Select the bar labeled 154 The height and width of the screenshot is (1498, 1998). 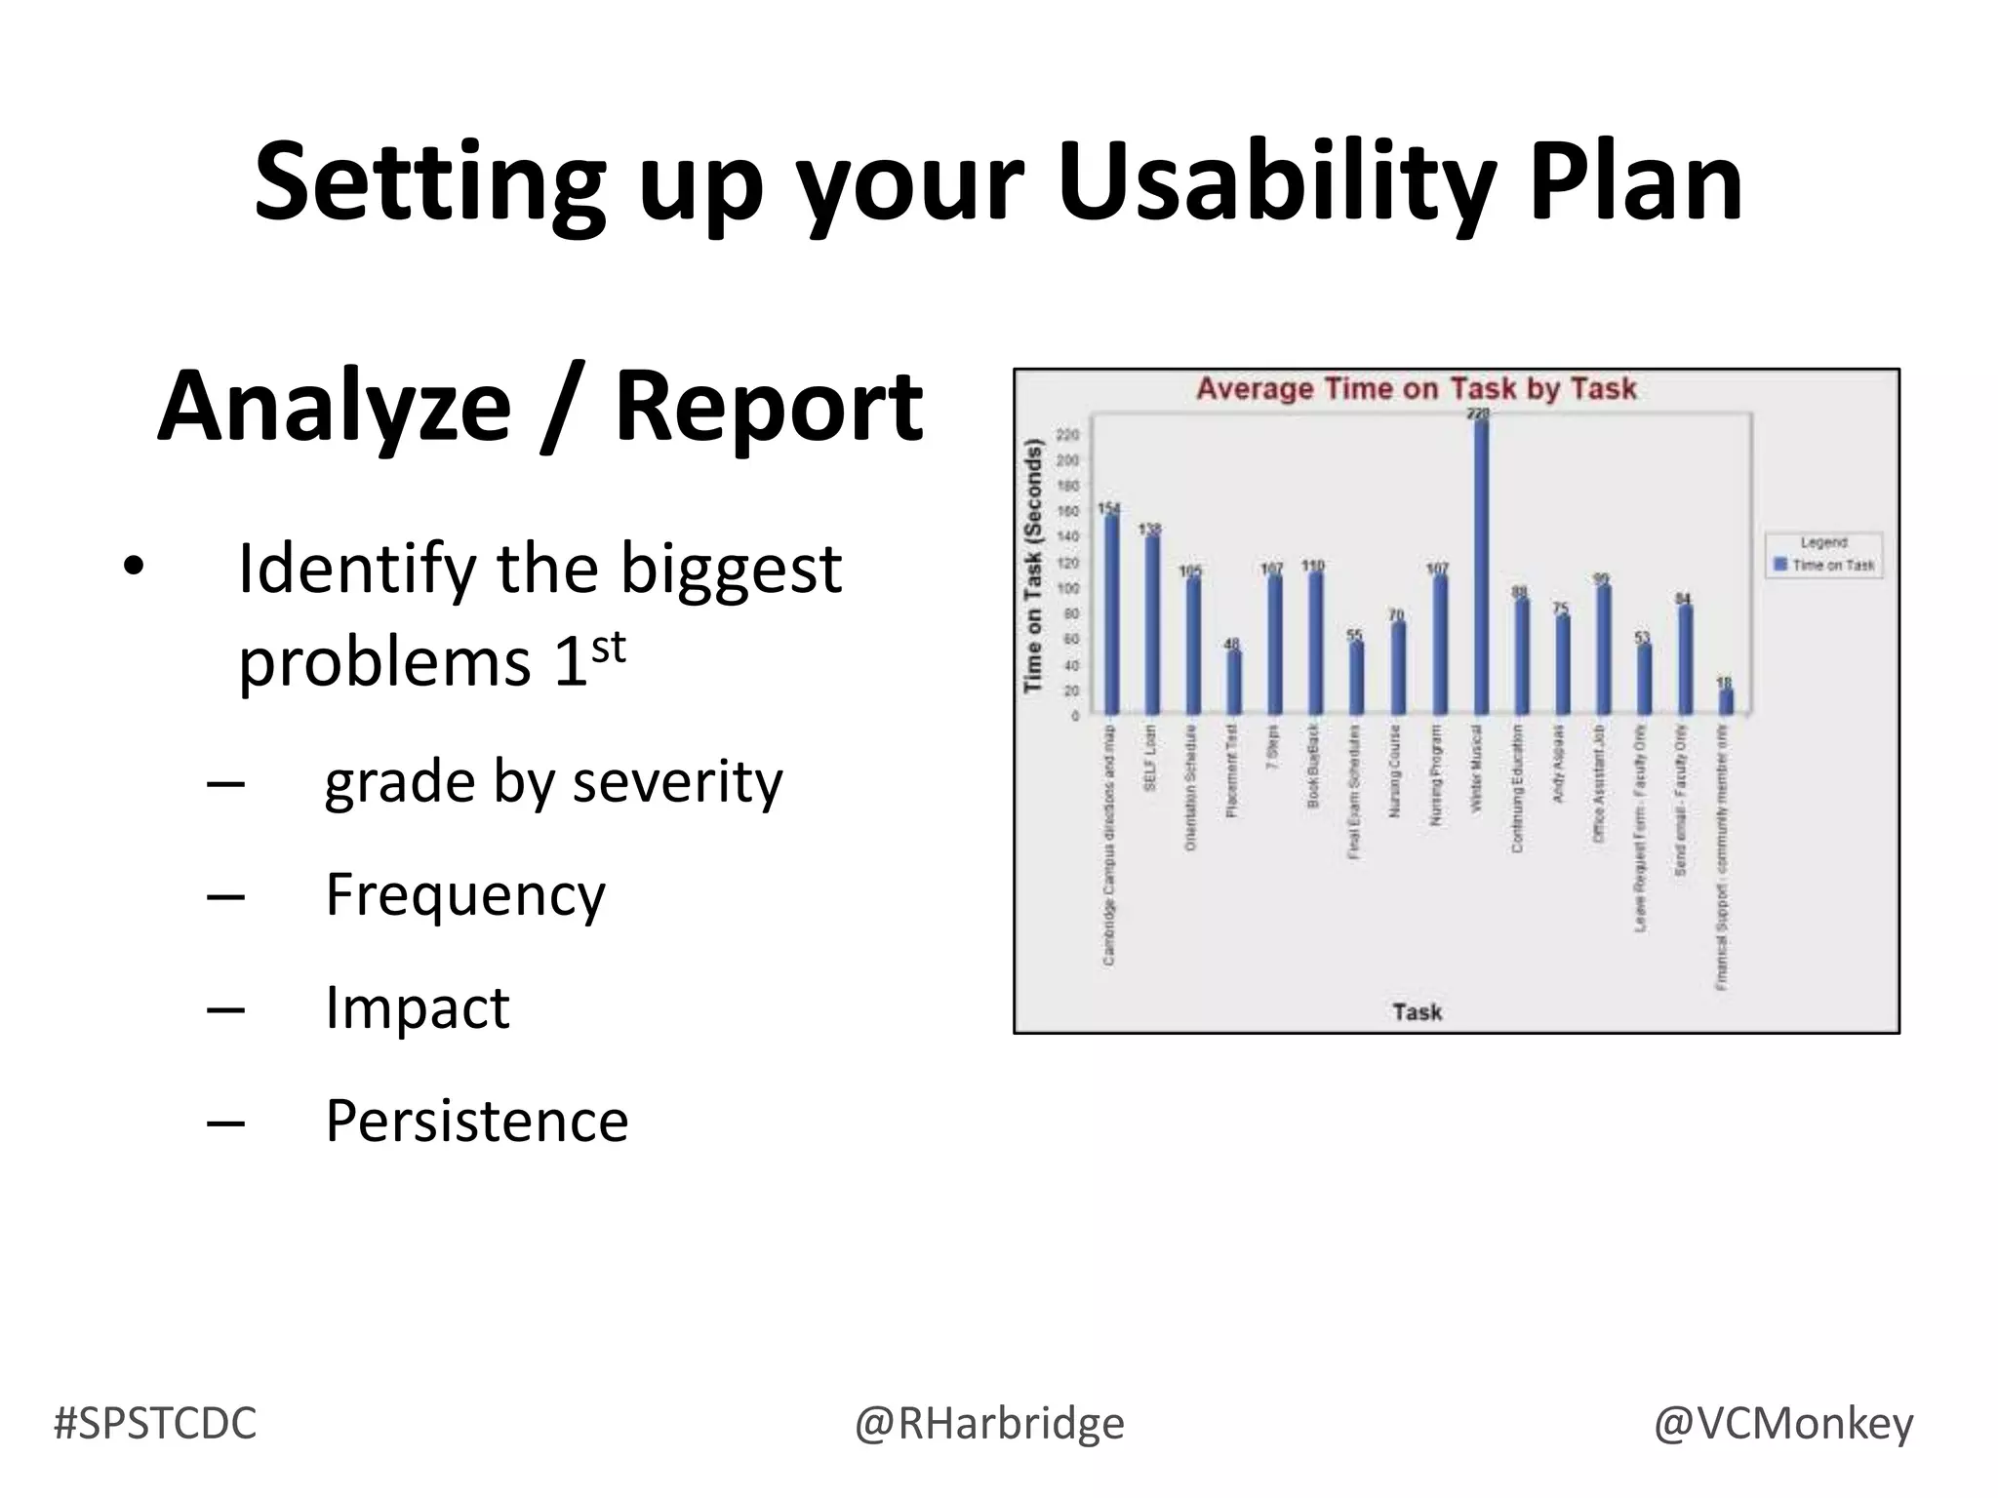[1111, 614]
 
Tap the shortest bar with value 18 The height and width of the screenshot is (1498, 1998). [1726, 701]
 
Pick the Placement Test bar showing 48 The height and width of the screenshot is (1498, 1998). [1234, 682]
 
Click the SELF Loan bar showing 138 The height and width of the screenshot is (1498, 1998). [1152, 625]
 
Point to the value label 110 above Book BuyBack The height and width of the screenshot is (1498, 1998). [1313, 566]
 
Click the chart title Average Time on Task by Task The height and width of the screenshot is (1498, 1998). [1416, 389]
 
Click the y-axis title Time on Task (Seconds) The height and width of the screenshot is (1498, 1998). [1033, 566]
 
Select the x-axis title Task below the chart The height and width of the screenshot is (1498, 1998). [1417, 1011]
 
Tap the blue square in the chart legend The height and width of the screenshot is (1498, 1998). [1779, 565]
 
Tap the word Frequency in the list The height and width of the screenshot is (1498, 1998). [465, 894]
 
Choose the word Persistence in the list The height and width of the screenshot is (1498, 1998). [476, 1121]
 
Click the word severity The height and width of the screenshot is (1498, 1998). [677, 781]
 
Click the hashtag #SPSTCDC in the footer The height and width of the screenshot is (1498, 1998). [155, 1423]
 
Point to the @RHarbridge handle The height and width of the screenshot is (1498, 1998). [989, 1423]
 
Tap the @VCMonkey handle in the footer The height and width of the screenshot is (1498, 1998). [1782, 1423]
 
